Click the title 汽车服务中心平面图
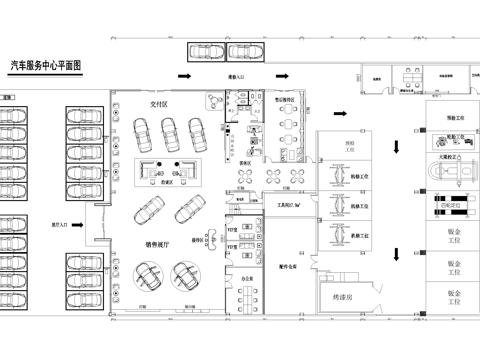45,64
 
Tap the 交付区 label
159,102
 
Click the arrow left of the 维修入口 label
184,75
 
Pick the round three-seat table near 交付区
213,101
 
